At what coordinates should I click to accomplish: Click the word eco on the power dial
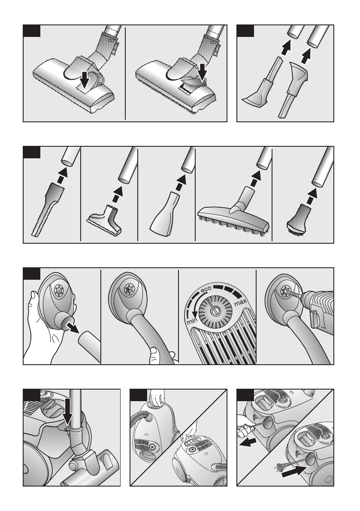coord(206,289)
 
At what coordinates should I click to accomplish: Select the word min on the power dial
coord(192,321)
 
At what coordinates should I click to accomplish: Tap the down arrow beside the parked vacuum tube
coord(67,411)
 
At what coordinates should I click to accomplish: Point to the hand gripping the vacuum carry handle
coord(157,399)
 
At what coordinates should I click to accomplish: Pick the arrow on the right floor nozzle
coord(203,73)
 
